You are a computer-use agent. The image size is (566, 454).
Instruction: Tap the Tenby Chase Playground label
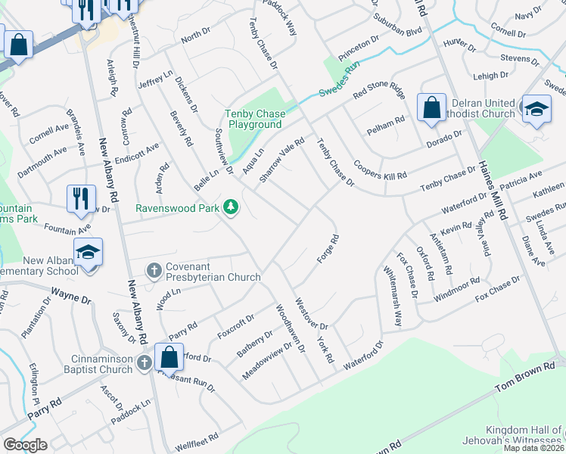[x=253, y=120]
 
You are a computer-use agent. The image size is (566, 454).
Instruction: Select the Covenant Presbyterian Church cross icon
[x=154, y=270]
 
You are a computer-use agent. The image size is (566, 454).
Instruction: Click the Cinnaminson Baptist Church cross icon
[x=145, y=365]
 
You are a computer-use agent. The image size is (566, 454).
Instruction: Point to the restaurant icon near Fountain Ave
[x=79, y=198]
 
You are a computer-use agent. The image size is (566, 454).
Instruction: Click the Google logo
[x=24, y=445]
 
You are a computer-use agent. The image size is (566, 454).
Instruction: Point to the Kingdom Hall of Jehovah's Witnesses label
[x=516, y=434]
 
